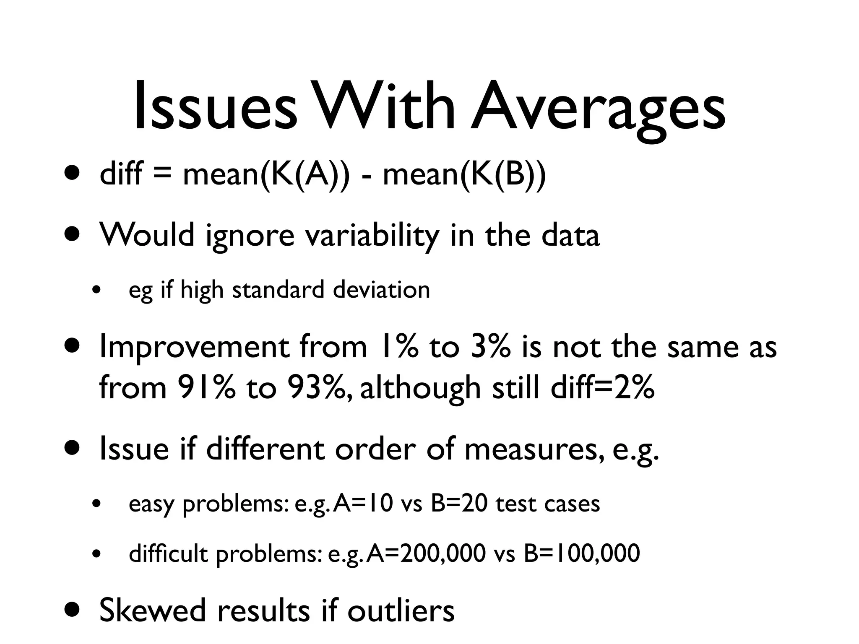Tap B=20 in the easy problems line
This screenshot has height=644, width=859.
click(459, 504)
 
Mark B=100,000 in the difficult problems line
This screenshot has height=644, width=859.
click(582, 553)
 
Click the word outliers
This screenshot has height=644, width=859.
click(401, 610)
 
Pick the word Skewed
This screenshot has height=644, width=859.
click(153, 610)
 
